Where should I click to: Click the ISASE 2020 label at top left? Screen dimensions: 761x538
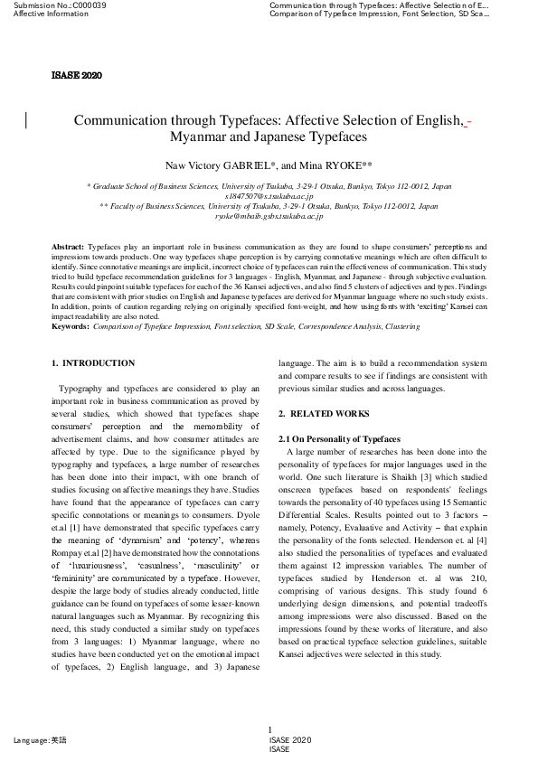77,73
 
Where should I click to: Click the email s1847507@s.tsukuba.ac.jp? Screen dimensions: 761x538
269,195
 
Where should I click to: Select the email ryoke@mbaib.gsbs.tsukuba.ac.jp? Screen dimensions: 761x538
269,217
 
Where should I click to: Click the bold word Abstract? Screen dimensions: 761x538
69,247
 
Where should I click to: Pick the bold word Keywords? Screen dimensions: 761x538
71,326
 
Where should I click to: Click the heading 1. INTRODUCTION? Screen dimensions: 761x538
92,363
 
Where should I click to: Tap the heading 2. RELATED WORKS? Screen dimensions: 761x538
323,414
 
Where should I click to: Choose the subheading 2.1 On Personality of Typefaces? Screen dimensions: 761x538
338,439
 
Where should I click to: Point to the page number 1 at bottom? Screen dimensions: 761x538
269,730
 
